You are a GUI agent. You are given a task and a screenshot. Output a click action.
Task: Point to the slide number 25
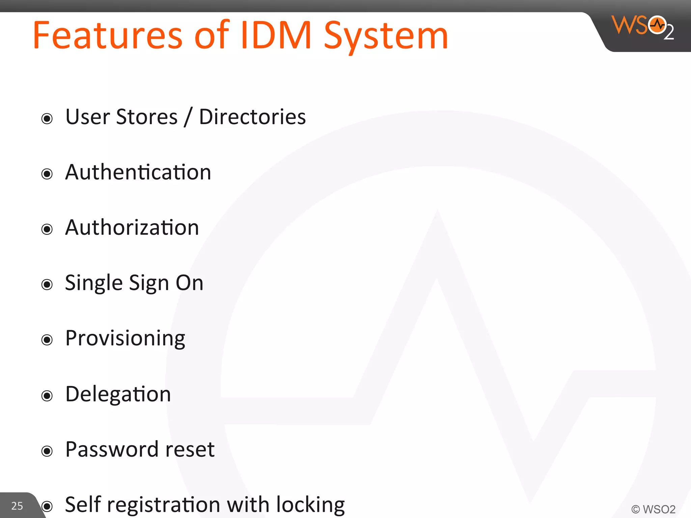17,506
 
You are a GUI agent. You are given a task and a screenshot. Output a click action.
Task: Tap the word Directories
252,117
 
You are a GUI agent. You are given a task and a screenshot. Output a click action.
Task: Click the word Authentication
138,172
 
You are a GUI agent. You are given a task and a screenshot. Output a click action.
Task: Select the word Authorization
132,228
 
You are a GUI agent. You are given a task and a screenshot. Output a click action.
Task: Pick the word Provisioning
125,339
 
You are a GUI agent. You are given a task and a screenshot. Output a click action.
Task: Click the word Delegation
118,394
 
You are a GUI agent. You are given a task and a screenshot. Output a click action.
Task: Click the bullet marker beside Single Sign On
47,285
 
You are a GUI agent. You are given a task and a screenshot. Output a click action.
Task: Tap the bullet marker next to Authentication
47,174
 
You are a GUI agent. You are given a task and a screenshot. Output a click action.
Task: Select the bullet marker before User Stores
47,119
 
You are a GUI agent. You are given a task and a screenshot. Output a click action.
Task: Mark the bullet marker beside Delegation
47,396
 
